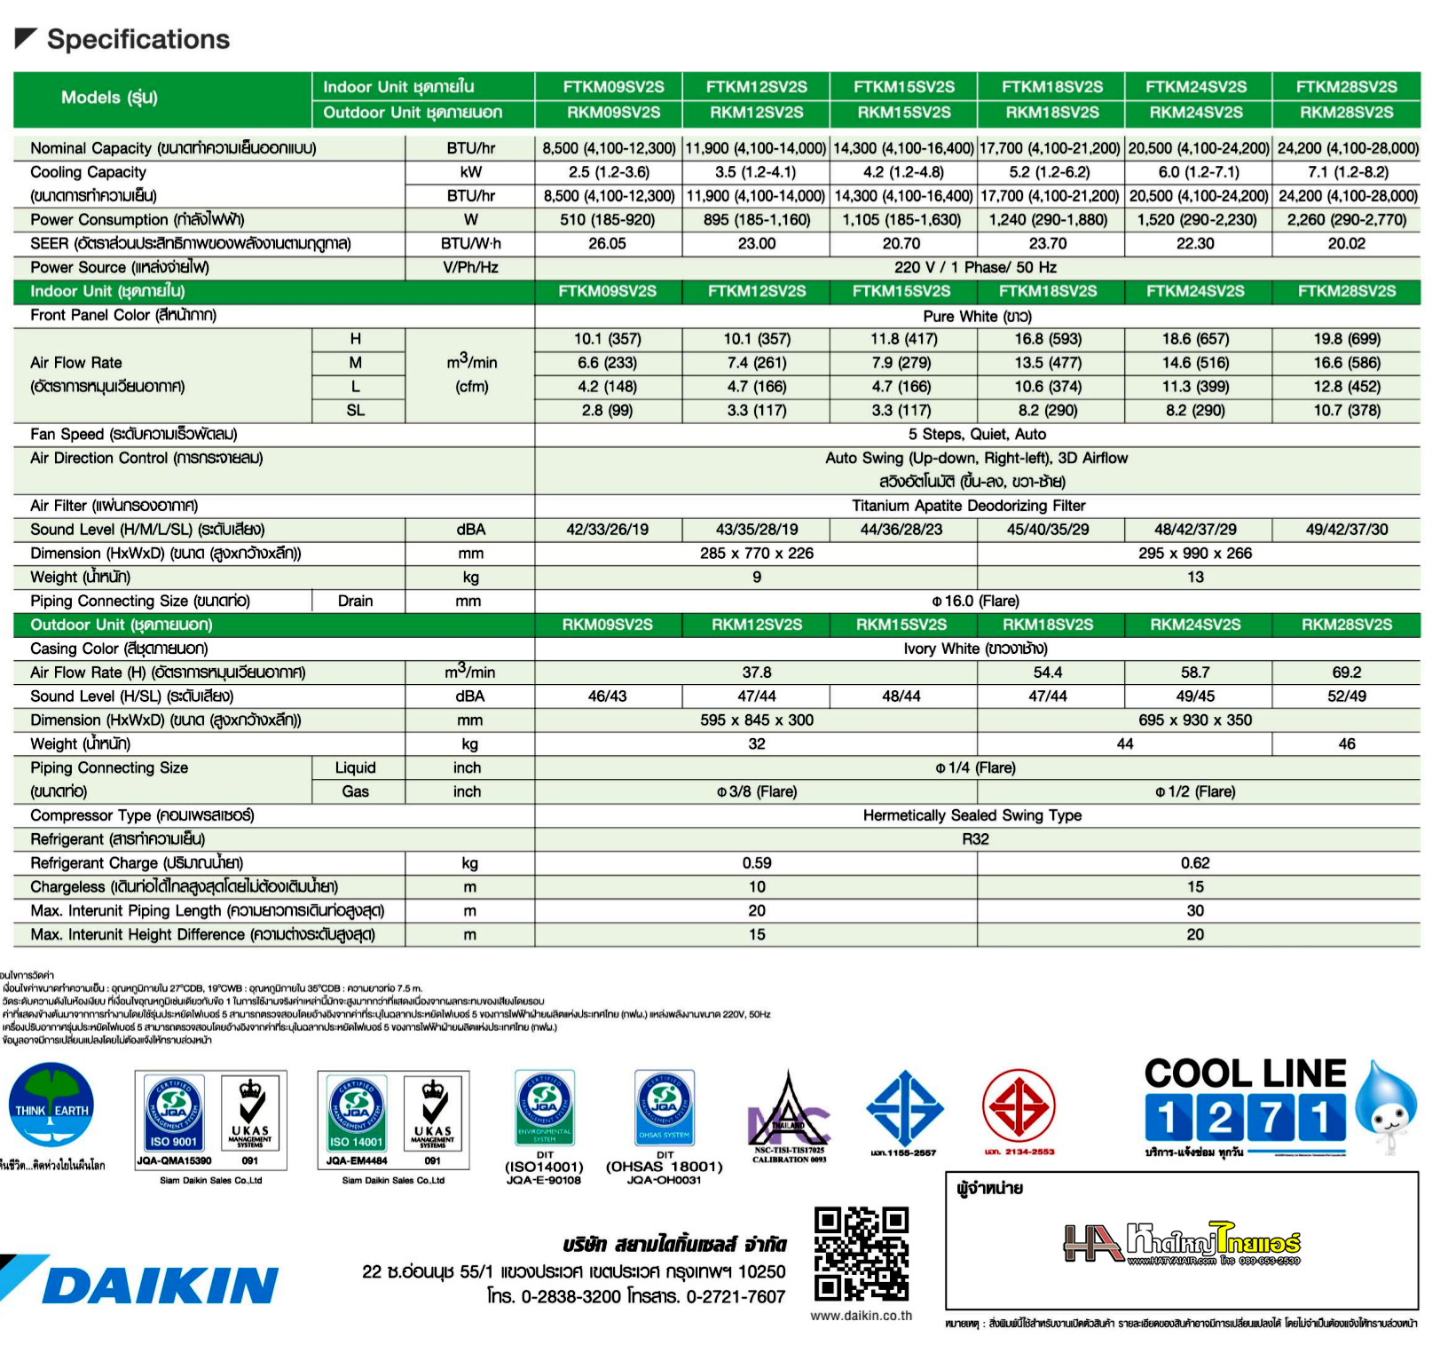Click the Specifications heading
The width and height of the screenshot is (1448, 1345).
pos(138,39)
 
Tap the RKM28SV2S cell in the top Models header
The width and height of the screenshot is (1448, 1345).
pos(1346,113)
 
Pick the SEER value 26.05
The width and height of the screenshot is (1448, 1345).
pos(607,243)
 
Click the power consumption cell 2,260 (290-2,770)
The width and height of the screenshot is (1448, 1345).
pos(1346,219)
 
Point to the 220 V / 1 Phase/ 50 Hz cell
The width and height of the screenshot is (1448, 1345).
pos(975,267)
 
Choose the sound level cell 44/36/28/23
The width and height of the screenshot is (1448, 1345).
pos(901,530)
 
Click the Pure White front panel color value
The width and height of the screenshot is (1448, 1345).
pos(977,316)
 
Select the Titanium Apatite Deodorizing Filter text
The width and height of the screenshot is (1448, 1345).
pos(968,506)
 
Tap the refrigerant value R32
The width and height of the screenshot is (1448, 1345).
pos(975,839)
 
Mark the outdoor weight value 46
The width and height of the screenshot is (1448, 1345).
pos(1346,744)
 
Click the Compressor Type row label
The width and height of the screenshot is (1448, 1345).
pos(142,815)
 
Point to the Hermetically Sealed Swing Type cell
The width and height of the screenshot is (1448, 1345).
pos(972,815)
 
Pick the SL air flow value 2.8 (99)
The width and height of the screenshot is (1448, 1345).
pos(607,411)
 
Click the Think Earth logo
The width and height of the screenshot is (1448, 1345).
pos(51,1107)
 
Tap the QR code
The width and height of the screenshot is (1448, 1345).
pos(861,1253)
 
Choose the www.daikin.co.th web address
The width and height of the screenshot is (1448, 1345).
pos(861,1316)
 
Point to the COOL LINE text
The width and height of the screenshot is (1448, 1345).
pos(1245,1074)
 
